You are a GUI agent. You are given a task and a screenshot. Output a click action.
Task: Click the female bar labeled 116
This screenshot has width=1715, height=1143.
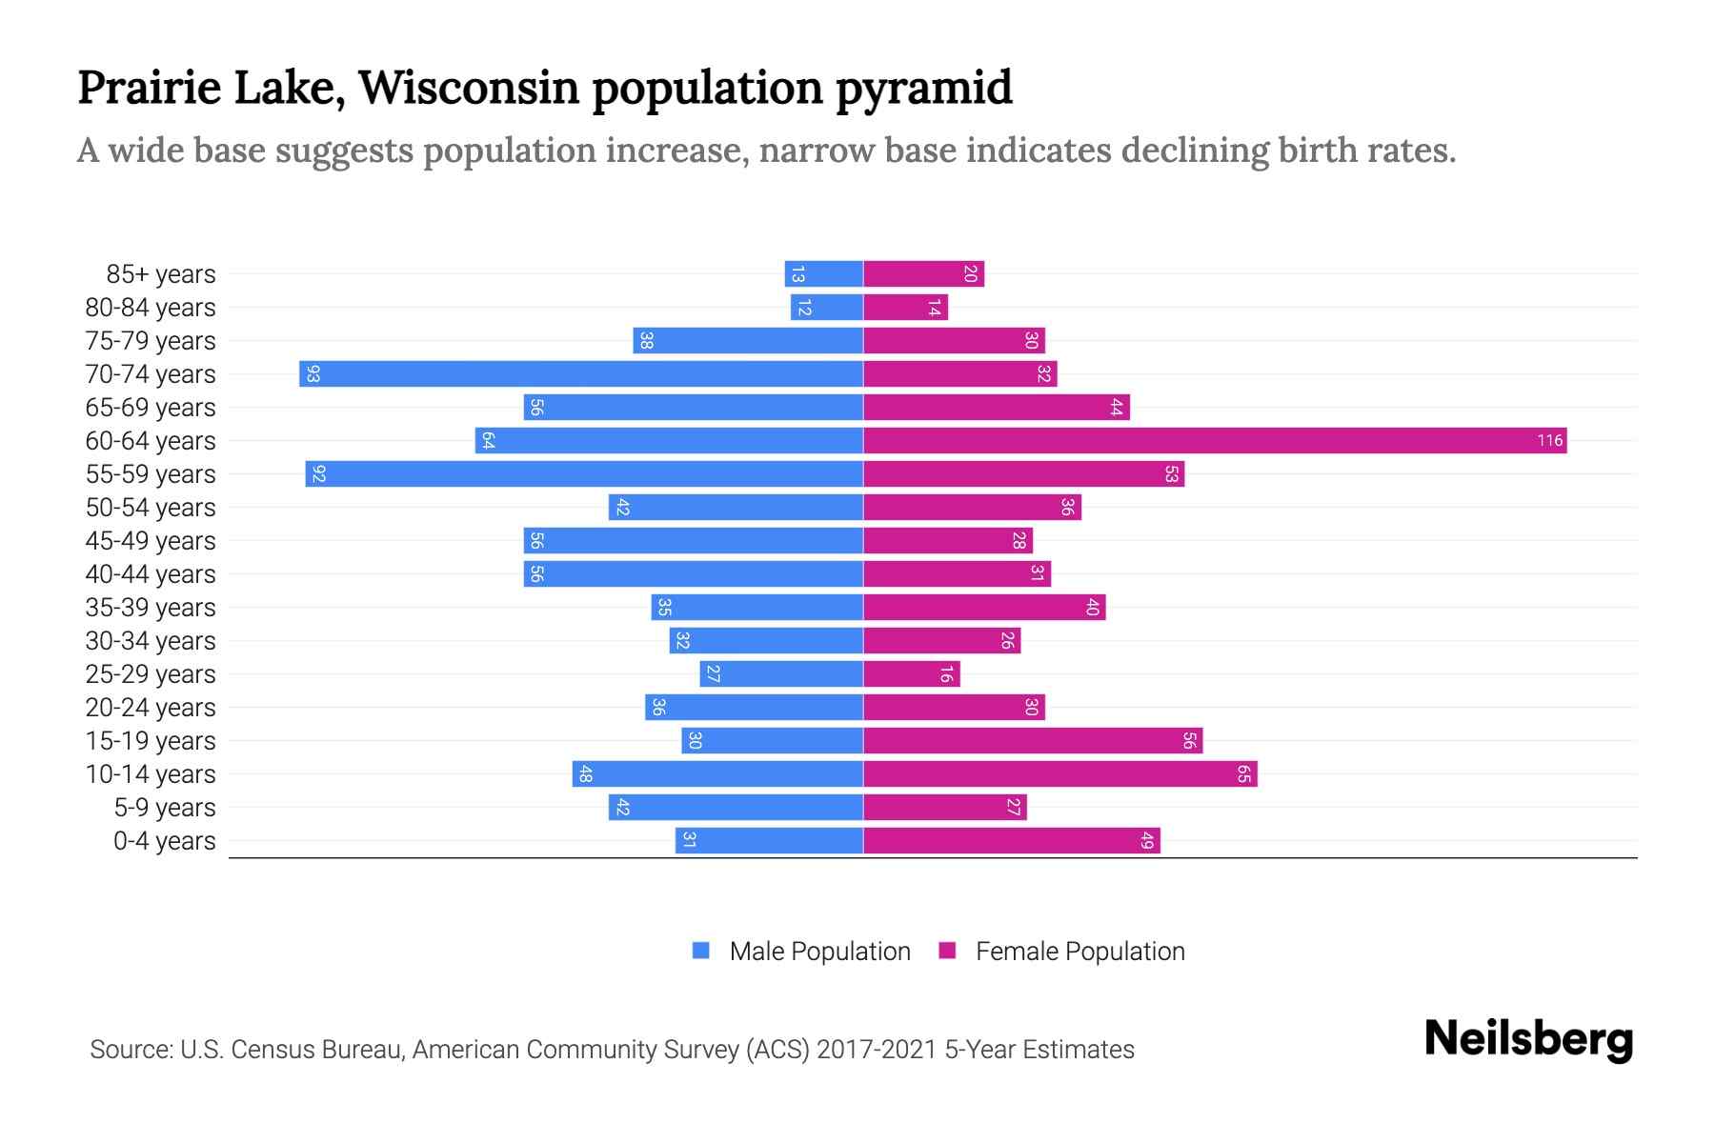[1215, 440]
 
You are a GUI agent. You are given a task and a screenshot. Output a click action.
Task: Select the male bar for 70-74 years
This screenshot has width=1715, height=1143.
[581, 373]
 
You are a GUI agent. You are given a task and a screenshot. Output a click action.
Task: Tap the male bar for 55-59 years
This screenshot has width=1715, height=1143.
[584, 473]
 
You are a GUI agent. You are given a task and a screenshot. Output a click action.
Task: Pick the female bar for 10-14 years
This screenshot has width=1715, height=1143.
[1059, 773]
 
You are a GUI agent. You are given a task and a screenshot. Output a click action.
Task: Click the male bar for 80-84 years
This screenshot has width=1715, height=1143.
[826, 307]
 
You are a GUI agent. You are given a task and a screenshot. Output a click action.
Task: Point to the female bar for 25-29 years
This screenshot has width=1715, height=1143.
[911, 673]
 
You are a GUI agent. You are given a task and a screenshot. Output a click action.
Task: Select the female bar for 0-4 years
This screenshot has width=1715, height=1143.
[1011, 840]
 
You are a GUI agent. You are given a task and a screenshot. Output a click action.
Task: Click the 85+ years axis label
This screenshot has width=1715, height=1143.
[160, 274]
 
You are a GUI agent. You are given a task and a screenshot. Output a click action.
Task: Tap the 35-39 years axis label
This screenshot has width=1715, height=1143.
[151, 608]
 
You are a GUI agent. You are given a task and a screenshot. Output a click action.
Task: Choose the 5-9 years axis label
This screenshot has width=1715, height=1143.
[164, 808]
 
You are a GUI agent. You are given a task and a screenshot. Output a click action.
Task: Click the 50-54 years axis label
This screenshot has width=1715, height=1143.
[151, 508]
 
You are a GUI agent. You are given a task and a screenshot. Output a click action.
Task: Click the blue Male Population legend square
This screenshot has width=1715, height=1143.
[701, 951]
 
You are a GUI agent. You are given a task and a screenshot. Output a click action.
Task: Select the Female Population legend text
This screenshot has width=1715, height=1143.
[1079, 951]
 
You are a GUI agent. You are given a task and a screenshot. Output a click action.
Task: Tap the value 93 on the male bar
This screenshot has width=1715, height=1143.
[313, 374]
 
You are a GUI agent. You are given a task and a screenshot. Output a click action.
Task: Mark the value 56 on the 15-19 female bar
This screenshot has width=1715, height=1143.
[1189, 740]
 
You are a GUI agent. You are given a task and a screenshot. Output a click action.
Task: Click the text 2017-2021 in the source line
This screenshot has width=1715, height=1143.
[876, 1050]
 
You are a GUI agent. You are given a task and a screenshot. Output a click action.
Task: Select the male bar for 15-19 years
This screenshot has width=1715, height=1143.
[772, 740]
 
